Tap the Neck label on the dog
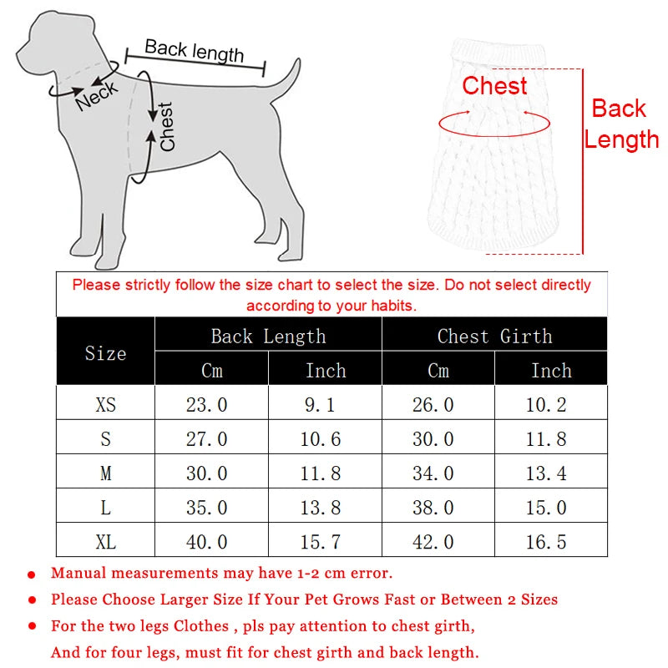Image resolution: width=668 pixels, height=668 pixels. pyautogui.click(x=96, y=96)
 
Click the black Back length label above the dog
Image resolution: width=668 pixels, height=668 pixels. pyautogui.click(x=194, y=51)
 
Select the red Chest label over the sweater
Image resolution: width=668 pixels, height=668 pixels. pyautogui.click(x=494, y=86)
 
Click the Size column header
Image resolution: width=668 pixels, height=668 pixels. pyautogui.click(x=105, y=353)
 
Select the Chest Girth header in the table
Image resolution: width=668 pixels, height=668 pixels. pyautogui.click(x=494, y=337)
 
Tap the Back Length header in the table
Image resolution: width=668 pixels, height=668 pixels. pyautogui.click(x=268, y=337)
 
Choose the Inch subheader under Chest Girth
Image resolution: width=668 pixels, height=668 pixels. pyautogui.click(x=551, y=371)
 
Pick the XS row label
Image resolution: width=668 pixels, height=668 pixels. pyautogui.click(x=105, y=405)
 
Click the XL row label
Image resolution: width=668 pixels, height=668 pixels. pyautogui.click(x=105, y=542)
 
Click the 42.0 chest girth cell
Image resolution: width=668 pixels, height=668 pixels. pyautogui.click(x=433, y=542)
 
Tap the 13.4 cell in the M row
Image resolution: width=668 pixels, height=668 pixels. pyautogui.click(x=547, y=473)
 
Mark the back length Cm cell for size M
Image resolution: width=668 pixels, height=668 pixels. pyautogui.click(x=206, y=473)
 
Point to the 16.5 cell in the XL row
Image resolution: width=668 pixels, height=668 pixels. pyautogui.click(x=547, y=542)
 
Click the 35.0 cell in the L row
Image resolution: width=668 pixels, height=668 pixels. pyautogui.click(x=206, y=508)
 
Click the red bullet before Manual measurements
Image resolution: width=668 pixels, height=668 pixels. pyautogui.click(x=32, y=575)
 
